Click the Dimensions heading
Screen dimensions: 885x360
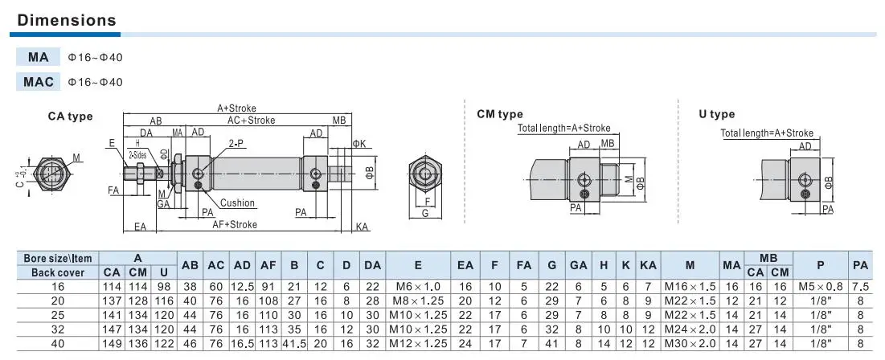click(x=67, y=20)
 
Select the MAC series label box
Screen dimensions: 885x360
click(x=39, y=82)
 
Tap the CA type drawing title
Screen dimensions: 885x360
click(x=70, y=117)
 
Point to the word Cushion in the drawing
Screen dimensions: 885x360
click(x=237, y=203)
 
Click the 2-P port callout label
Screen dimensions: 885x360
click(x=236, y=143)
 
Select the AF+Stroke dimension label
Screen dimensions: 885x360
click(x=234, y=224)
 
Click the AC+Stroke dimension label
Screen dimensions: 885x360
click(x=251, y=121)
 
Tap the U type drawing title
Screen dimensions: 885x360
click(x=717, y=114)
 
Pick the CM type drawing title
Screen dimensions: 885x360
click(x=500, y=115)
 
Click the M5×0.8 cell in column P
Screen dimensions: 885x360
click(x=821, y=287)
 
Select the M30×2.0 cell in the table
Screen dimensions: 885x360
click(x=690, y=343)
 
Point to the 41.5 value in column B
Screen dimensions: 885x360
click(x=294, y=343)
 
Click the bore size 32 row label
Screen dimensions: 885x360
click(x=58, y=329)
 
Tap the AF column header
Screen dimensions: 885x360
click(x=268, y=265)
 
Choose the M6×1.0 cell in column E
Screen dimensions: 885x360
click(x=418, y=287)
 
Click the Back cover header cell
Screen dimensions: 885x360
click(x=58, y=272)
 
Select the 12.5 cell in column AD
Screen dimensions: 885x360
click(x=242, y=287)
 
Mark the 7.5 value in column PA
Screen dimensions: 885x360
click(x=860, y=287)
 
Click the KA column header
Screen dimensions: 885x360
click(x=648, y=265)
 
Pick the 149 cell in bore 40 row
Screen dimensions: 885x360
click(x=111, y=343)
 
